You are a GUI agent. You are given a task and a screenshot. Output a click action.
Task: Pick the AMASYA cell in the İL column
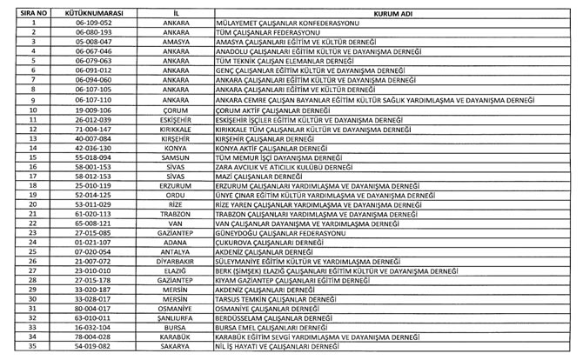coord(176,42)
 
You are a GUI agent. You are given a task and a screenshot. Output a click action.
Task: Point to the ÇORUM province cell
coord(176,110)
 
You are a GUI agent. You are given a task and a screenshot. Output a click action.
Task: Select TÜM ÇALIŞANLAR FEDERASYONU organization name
coord(265,32)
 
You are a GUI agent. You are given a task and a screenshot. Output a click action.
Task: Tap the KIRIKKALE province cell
coord(176,129)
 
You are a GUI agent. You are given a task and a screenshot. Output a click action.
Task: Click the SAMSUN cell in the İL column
coord(176,157)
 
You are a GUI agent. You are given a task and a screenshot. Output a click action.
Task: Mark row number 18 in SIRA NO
coord(31,185)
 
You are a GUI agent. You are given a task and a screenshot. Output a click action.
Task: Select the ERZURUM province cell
coord(176,185)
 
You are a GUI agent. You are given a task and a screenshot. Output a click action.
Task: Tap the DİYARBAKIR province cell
coord(176,261)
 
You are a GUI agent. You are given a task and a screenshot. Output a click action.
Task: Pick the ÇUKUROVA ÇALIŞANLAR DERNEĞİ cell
coord(269,242)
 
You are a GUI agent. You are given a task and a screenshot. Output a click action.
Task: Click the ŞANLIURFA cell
coord(176,318)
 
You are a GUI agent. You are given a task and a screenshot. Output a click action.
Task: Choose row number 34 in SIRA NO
coord(31,337)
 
